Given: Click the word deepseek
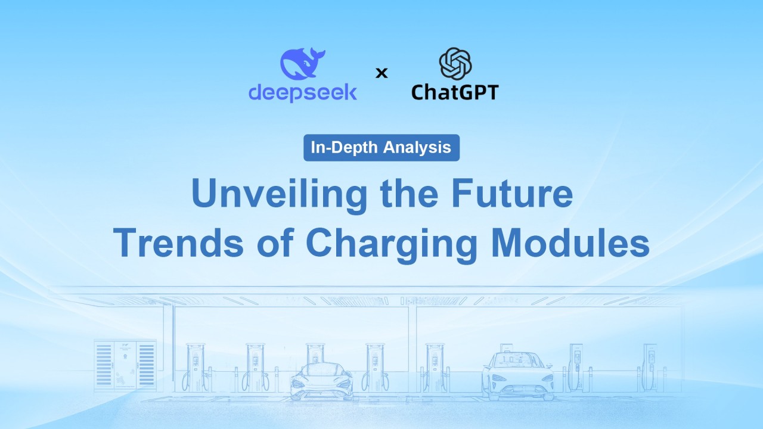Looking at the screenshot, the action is (x=303, y=92).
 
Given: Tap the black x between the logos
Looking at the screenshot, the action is (x=381, y=73).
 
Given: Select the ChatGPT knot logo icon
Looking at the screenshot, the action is (x=455, y=64).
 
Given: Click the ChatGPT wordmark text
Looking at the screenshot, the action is (x=455, y=92).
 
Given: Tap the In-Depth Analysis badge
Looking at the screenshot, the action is (x=381, y=148).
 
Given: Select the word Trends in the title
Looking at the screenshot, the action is (x=178, y=242).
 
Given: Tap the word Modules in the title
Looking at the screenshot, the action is (x=570, y=242).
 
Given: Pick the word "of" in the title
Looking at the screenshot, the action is (x=275, y=242).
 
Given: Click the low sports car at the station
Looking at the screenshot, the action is (x=321, y=381).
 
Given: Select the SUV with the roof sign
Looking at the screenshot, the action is (x=517, y=375).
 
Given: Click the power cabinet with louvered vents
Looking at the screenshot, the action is (x=125, y=365).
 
